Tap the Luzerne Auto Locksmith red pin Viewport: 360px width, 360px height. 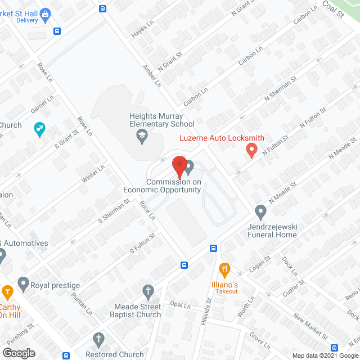[x=251, y=150]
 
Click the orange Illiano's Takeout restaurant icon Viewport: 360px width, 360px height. [x=225, y=268]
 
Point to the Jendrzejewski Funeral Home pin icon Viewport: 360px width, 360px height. [x=260, y=212]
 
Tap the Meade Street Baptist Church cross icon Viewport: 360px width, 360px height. [x=148, y=291]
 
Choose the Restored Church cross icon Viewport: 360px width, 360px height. [x=98, y=339]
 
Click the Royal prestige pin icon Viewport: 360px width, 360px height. [x=23, y=282]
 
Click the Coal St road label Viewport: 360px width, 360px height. [x=333, y=10]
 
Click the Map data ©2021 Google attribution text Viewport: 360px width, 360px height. [x=327, y=355]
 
